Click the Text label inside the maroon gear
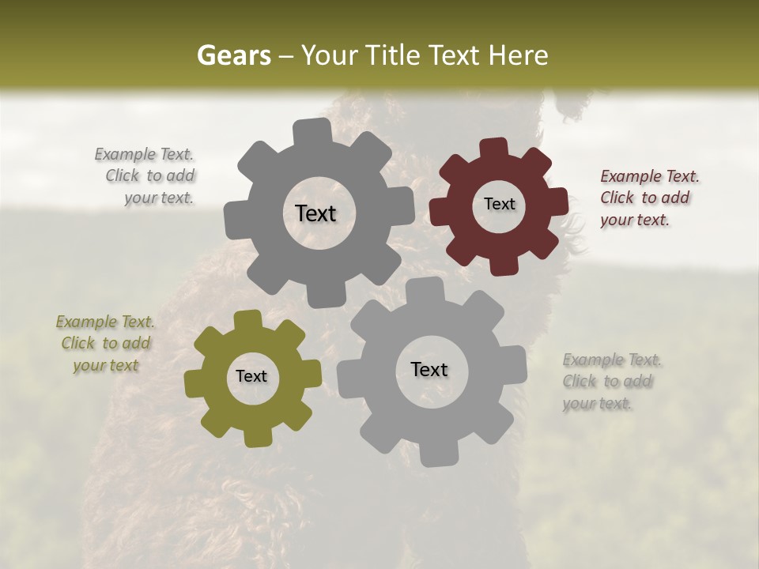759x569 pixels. [499, 204]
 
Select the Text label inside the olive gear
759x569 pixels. [251, 377]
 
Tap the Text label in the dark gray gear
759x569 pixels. [315, 213]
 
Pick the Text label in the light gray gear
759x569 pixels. [429, 369]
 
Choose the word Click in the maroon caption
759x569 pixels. [617, 198]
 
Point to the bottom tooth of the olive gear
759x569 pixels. [257, 437]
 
